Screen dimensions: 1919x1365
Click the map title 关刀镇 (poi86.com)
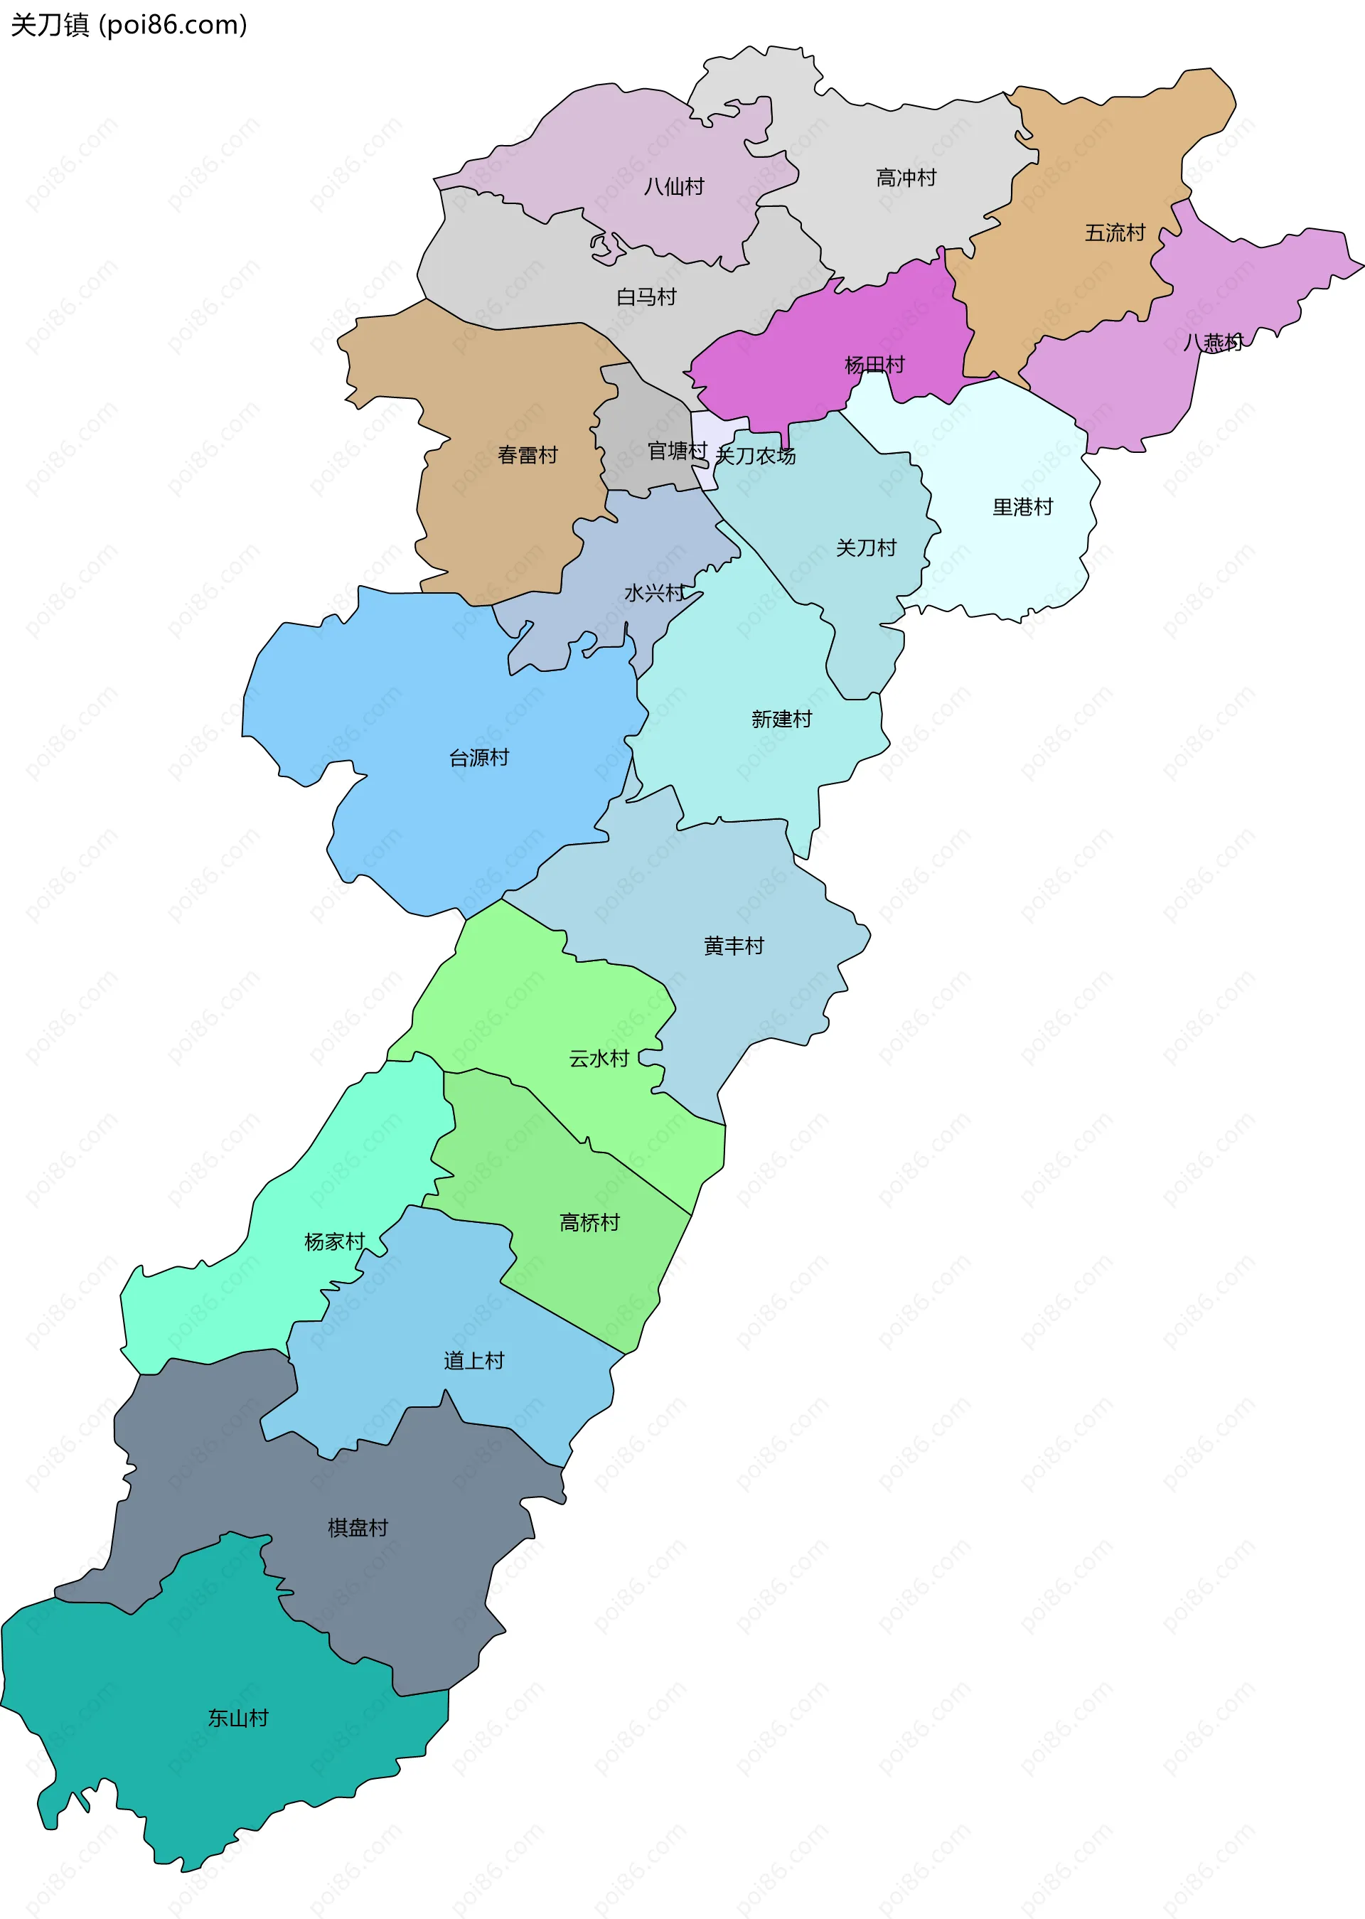click(129, 25)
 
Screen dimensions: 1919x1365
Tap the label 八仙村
click(673, 186)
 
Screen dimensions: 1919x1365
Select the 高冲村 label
click(905, 178)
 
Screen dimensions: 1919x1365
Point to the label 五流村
click(1115, 232)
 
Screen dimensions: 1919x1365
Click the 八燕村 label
click(1213, 342)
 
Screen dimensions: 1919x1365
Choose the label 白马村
click(646, 296)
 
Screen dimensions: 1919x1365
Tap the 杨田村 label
click(874, 365)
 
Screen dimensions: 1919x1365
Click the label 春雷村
click(527, 456)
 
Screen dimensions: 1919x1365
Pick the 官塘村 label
click(677, 451)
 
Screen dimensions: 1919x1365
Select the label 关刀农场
click(755, 456)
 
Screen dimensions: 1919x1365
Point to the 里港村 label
click(1022, 507)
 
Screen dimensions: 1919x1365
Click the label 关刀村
click(866, 548)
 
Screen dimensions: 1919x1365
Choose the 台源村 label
click(478, 758)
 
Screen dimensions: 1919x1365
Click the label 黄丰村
click(733, 946)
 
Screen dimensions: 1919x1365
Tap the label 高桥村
click(589, 1223)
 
